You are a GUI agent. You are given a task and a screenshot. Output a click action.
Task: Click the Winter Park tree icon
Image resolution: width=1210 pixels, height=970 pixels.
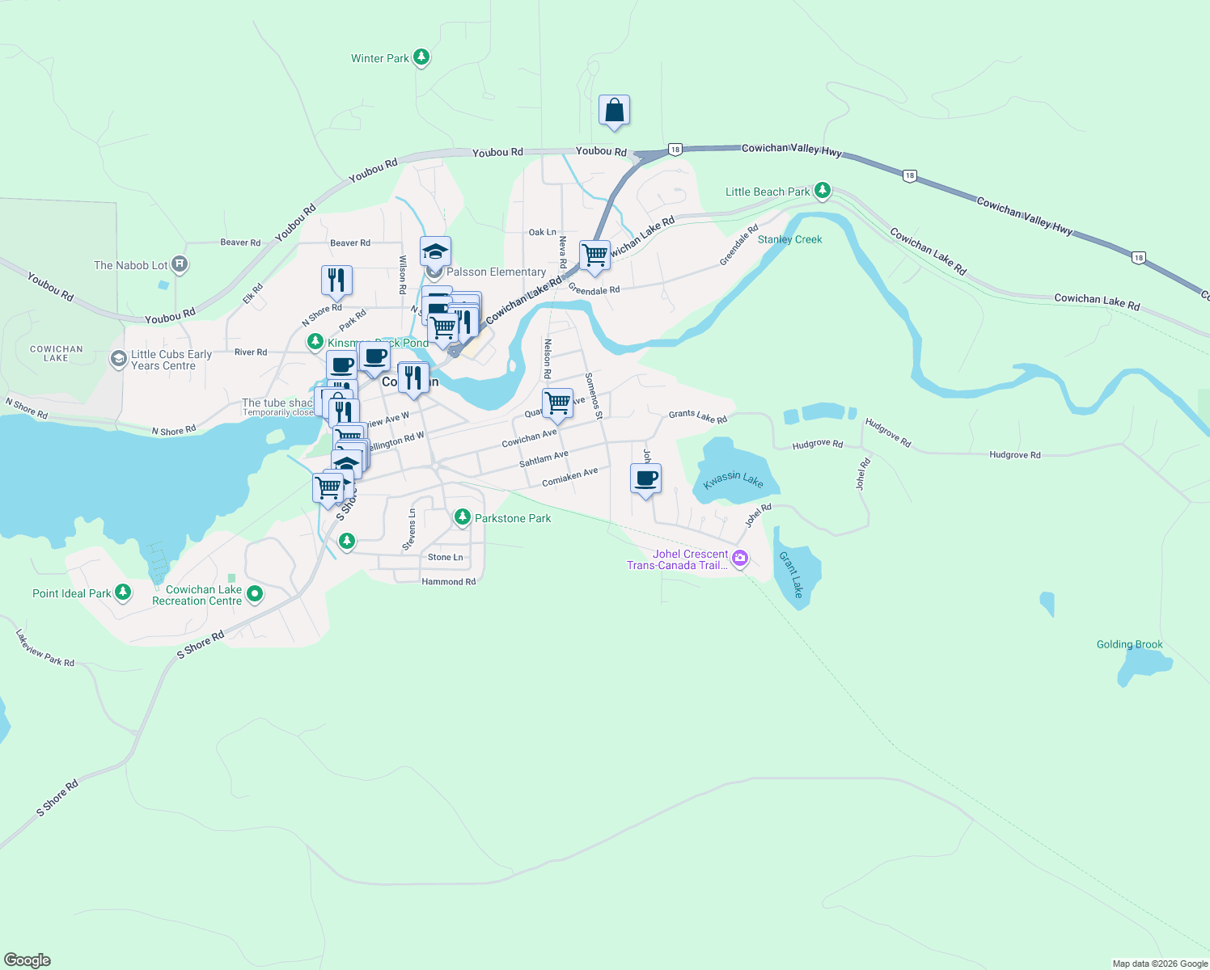click(421, 57)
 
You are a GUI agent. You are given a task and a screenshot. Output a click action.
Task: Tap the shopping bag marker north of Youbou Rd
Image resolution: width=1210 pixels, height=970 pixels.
click(614, 111)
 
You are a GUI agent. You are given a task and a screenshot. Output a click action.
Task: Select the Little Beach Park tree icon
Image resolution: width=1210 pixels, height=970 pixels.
click(823, 191)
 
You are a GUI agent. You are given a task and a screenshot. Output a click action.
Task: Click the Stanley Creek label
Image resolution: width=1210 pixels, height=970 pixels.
click(789, 239)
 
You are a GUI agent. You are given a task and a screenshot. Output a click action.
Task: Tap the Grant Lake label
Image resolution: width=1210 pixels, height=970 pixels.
click(791, 574)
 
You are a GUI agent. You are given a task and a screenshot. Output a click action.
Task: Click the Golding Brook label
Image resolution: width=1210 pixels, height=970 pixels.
click(1129, 644)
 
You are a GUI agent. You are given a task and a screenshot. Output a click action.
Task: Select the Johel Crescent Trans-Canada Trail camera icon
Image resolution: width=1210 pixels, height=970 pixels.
click(739, 559)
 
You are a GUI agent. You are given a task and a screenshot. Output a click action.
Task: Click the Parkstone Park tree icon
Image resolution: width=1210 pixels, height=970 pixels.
click(462, 517)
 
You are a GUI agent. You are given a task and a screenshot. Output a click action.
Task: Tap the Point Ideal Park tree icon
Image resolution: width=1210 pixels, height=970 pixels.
click(123, 593)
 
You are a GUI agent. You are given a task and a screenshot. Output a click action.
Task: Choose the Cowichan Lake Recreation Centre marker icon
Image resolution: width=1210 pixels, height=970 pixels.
click(255, 595)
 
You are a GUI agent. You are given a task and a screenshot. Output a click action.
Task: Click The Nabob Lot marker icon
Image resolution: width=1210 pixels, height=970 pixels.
click(180, 264)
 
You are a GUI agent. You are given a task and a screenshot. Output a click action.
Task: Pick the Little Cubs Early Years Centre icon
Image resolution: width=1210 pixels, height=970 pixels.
click(119, 358)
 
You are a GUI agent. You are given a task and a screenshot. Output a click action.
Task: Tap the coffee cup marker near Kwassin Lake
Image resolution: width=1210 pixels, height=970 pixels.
click(645, 479)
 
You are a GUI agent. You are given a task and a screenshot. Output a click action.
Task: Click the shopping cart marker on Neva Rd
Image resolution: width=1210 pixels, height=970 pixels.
click(594, 255)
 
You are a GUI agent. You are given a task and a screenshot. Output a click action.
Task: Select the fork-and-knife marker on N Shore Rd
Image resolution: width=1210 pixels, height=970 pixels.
click(336, 280)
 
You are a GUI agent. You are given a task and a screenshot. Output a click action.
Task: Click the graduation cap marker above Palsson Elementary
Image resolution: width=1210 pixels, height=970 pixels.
click(435, 251)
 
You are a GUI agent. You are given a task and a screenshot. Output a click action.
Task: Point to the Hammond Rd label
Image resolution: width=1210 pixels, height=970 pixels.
click(448, 581)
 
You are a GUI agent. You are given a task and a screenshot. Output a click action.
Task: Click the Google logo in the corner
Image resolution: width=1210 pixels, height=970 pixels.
click(27, 959)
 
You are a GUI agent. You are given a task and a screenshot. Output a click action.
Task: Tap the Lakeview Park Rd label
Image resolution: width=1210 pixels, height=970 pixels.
click(45, 648)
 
